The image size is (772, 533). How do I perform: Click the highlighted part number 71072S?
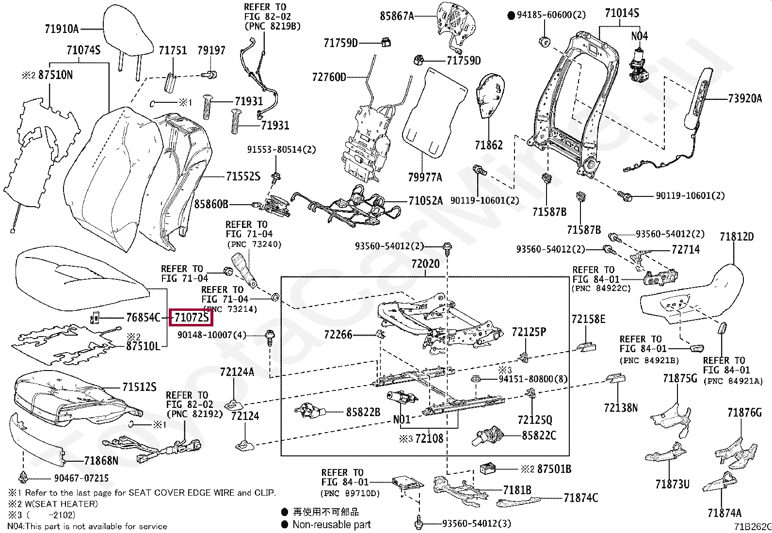click(x=192, y=318)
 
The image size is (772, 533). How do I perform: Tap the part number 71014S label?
click(x=621, y=13)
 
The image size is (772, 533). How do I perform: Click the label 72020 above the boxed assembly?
click(x=425, y=264)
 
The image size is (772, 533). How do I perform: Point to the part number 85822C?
click(x=539, y=435)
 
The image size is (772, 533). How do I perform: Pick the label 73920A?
click(x=744, y=99)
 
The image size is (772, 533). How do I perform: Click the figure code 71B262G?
click(x=752, y=527)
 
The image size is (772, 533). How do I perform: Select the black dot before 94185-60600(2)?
click(x=511, y=16)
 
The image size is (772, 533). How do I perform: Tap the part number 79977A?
click(x=425, y=177)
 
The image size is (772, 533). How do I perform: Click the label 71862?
click(x=488, y=145)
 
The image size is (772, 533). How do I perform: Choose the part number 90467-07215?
click(x=81, y=478)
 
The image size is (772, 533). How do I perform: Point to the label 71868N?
click(x=101, y=460)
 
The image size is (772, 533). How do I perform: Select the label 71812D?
click(x=737, y=237)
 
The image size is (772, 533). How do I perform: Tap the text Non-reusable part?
click(x=331, y=524)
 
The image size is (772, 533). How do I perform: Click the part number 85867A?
click(x=397, y=16)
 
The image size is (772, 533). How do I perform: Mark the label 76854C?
click(x=143, y=318)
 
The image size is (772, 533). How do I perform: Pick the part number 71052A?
click(x=425, y=201)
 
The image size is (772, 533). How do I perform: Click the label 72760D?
click(x=329, y=77)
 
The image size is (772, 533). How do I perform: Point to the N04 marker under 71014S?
click(x=639, y=36)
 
